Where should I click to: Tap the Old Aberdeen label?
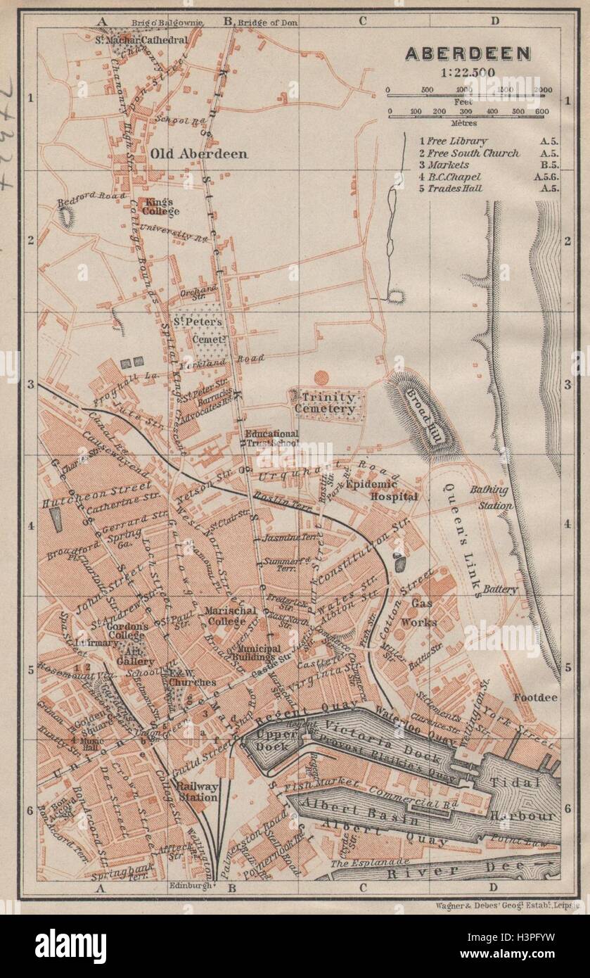[x=198, y=153]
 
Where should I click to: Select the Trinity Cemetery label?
[x=325, y=402]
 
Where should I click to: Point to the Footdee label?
[x=535, y=698]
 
